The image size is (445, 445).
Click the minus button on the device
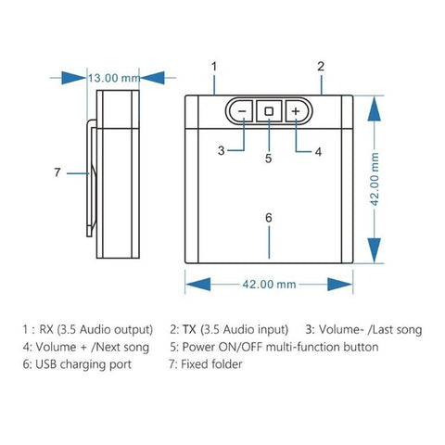pyautogui.click(x=241, y=111)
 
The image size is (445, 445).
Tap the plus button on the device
pyautogui.click(x=296, y=111)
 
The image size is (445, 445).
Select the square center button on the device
pyautogui.click(x=269, y=111)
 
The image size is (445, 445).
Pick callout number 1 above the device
pyautogui.click(x=214, y=66)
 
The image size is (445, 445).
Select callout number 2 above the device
pyautogui.click(x=321, y=66)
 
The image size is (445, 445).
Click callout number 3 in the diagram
pyautogui.click(x=222, y=149)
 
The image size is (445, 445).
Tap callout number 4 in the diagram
pyautogui.click(x=317, y=149)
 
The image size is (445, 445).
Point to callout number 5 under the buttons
pyautogui.click(x=269, y=158)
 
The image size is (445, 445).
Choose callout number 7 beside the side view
pyautogui.click(x=57, y=172)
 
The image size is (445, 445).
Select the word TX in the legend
pyautogui.click(x=189, y=329)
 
